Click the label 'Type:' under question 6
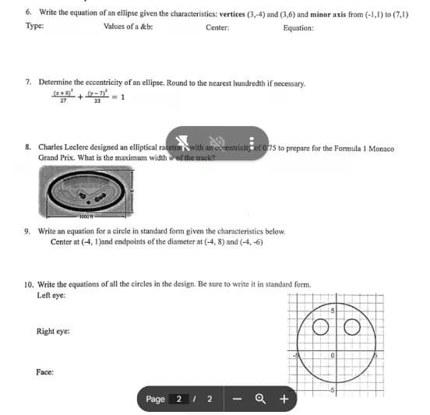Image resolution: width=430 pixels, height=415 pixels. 33,28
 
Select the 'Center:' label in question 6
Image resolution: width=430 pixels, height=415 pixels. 217,28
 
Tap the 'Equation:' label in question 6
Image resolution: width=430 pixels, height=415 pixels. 298,28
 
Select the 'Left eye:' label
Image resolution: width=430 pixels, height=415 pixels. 51,296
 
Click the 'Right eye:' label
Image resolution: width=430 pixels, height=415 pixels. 52,331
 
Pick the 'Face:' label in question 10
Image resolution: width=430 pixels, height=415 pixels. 44,372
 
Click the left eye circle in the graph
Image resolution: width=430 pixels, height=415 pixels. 319,325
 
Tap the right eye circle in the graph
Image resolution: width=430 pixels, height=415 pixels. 350,325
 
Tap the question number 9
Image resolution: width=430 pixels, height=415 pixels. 28,232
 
